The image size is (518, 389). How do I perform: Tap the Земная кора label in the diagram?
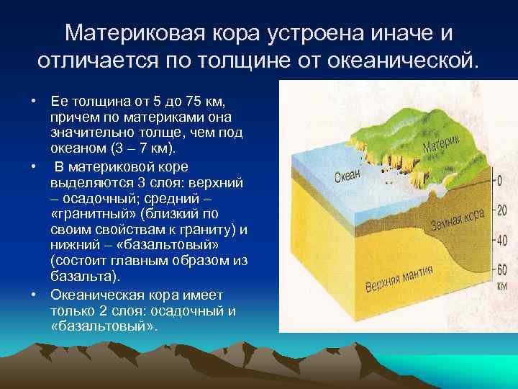(457, 219)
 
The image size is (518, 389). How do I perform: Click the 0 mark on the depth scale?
(499, 182)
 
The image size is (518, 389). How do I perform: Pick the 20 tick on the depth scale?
(501, 210)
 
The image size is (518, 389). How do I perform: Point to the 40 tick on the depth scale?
(501, 240)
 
